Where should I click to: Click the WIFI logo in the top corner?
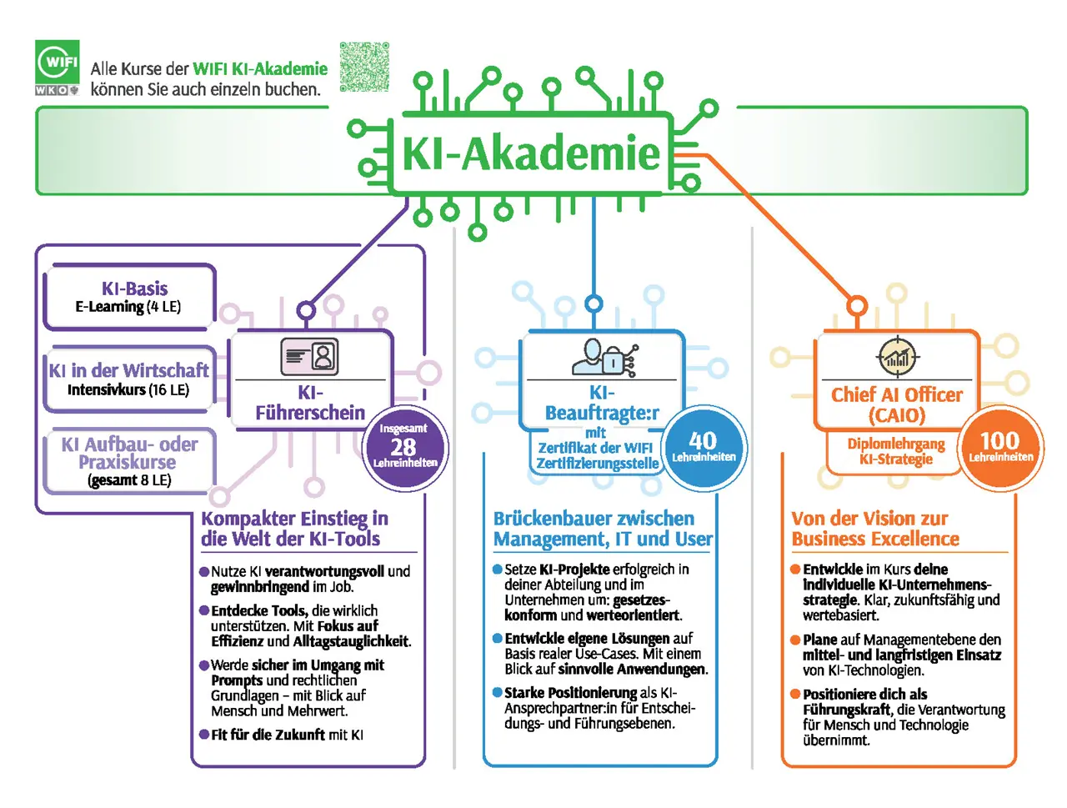point(58,67)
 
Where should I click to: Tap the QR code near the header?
point(364,66)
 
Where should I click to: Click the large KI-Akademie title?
point(531,153)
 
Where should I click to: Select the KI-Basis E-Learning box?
point(131,297)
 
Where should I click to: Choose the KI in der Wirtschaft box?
point(129,379)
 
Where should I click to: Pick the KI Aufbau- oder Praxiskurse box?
point(129,460)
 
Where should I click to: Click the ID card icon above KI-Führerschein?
point(309,356)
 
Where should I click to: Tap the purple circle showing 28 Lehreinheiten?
point(404,448)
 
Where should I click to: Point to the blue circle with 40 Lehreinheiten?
point(704,447)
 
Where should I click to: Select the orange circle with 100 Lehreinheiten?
point(1000,447)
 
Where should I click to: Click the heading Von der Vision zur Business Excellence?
point(874,529)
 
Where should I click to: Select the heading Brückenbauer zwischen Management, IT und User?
point(602,529)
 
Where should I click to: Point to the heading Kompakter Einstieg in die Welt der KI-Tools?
point(294,529)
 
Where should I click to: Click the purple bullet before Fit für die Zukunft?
point(204,735)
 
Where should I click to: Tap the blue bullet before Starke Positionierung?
point(498,693)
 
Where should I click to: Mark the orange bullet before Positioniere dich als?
point(796,694)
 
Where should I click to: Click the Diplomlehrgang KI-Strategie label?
point(896,451)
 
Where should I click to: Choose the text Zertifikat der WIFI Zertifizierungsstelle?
point(597,455)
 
